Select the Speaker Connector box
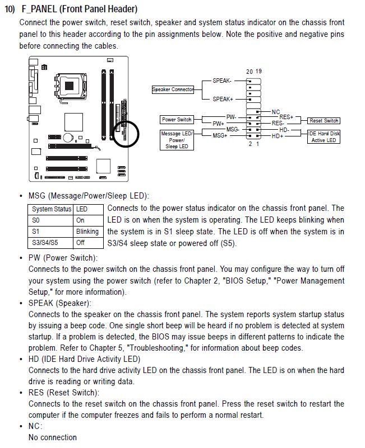[173, 89]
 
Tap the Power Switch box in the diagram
[177, 119]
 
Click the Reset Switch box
[324, 120]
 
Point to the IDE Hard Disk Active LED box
[324, 136]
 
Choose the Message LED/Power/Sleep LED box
[177, 140]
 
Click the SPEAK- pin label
[223, 81]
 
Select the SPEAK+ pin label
[223, 99]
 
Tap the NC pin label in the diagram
[275, 112]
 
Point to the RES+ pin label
[286, 117]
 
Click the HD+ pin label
[278, 136]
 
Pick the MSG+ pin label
[219, 136]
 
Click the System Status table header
[51, 209]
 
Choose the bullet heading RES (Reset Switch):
[63, 393]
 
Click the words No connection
[53, 437]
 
